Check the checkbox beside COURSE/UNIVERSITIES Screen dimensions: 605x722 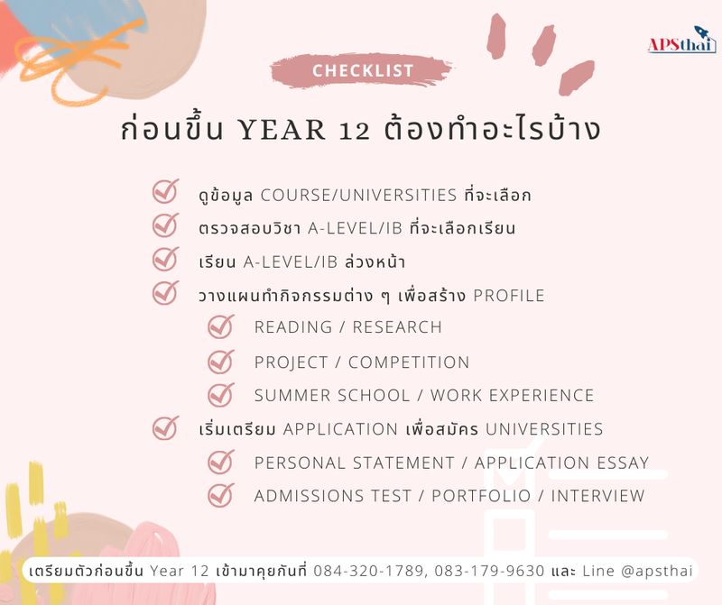[x=165, y=192]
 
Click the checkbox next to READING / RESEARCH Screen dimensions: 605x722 [x=220, y=326]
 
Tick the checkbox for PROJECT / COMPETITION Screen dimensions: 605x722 [x=220, y=362]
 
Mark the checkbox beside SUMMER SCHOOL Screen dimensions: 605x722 [x=220, y=395]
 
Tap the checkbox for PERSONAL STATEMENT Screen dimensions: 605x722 [x=220, y=462]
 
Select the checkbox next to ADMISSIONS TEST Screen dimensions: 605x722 [x=220, y=495]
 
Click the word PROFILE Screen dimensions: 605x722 [x=509, y=296]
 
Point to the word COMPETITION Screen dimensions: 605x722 [x=409, y=362]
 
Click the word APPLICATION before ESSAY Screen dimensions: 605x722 [x=531, y=463]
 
